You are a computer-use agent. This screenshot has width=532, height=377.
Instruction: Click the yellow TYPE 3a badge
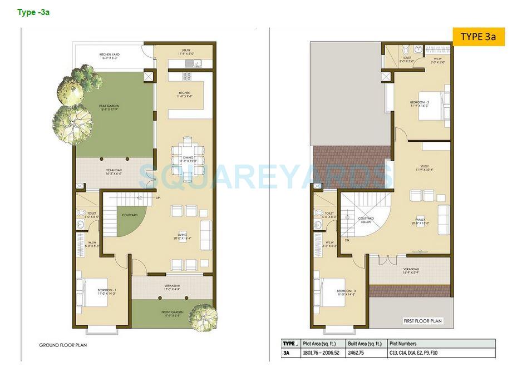[478, 37]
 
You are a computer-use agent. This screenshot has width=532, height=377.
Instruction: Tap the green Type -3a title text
[33, 12]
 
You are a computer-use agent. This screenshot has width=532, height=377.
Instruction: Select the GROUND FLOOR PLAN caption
[63, 345]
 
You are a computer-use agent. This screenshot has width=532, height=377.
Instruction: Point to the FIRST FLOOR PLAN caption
[422, 321]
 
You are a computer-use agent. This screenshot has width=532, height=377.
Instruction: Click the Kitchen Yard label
[110, 56]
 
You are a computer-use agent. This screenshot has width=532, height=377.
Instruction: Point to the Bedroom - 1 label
[106, 292]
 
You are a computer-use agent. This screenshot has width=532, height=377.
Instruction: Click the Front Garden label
[172, 314]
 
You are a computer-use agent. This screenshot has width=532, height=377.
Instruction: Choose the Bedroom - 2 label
[420, 104]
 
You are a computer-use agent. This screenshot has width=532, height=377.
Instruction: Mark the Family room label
[420, 221]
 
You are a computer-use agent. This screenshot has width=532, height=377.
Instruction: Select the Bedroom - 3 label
[346, 293]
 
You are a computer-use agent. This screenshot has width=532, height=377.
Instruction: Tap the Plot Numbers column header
[403, 344]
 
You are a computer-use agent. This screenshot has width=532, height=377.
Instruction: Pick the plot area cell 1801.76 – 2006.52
[320, 353]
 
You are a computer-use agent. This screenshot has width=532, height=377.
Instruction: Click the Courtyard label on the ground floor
[130, 215]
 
